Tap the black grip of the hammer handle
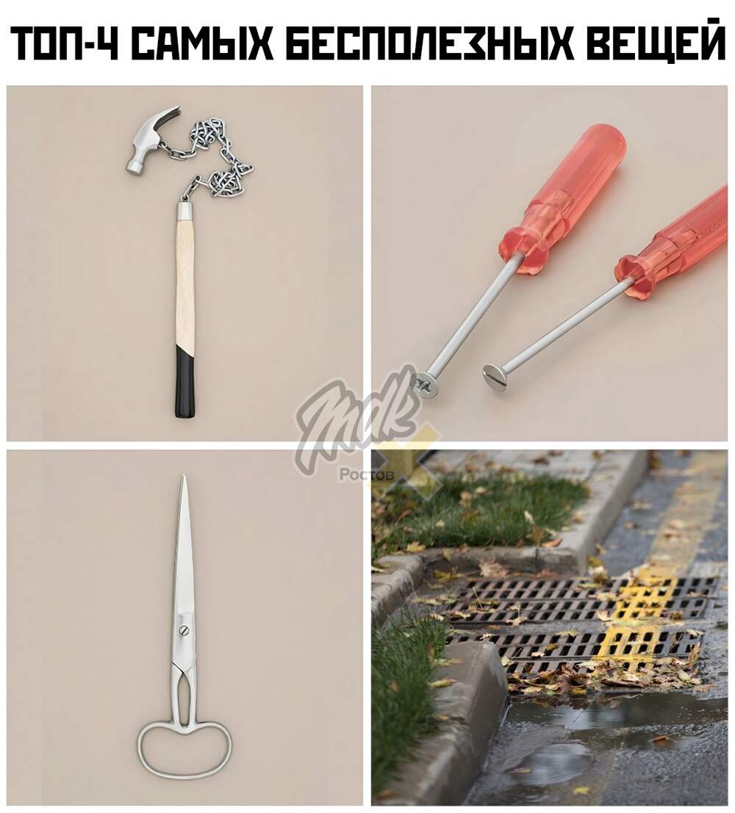pos(184,382)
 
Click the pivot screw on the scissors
pos(184,630)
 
